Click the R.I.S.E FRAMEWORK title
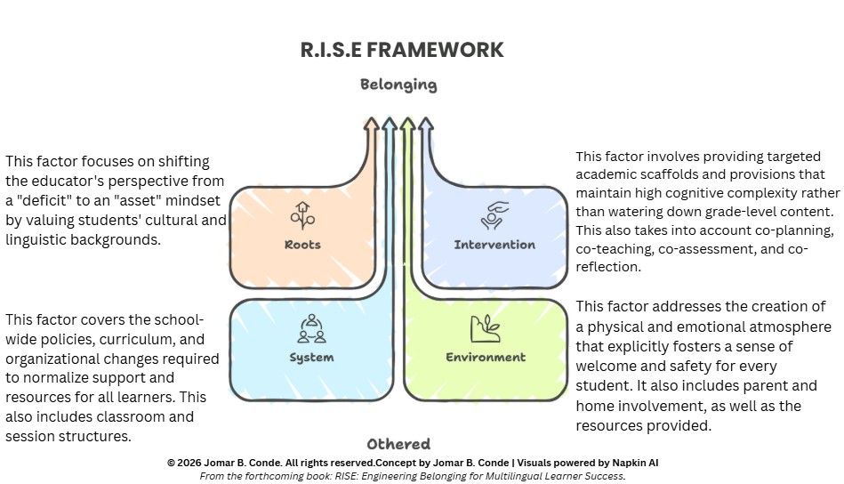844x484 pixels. [402, 50]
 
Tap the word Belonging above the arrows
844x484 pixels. [398, 85]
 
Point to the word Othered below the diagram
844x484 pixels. [398, 444]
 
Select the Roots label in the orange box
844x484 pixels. [302, 245]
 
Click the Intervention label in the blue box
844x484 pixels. [494, 245]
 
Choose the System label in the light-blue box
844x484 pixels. [311, 358]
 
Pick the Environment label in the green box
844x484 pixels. [486, 358]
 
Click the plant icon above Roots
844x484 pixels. [302, 216]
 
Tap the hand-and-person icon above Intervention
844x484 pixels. [494, 216]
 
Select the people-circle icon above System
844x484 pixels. [311, 329]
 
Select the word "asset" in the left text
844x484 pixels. [134, 200]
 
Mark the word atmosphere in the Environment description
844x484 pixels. [744, 327]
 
